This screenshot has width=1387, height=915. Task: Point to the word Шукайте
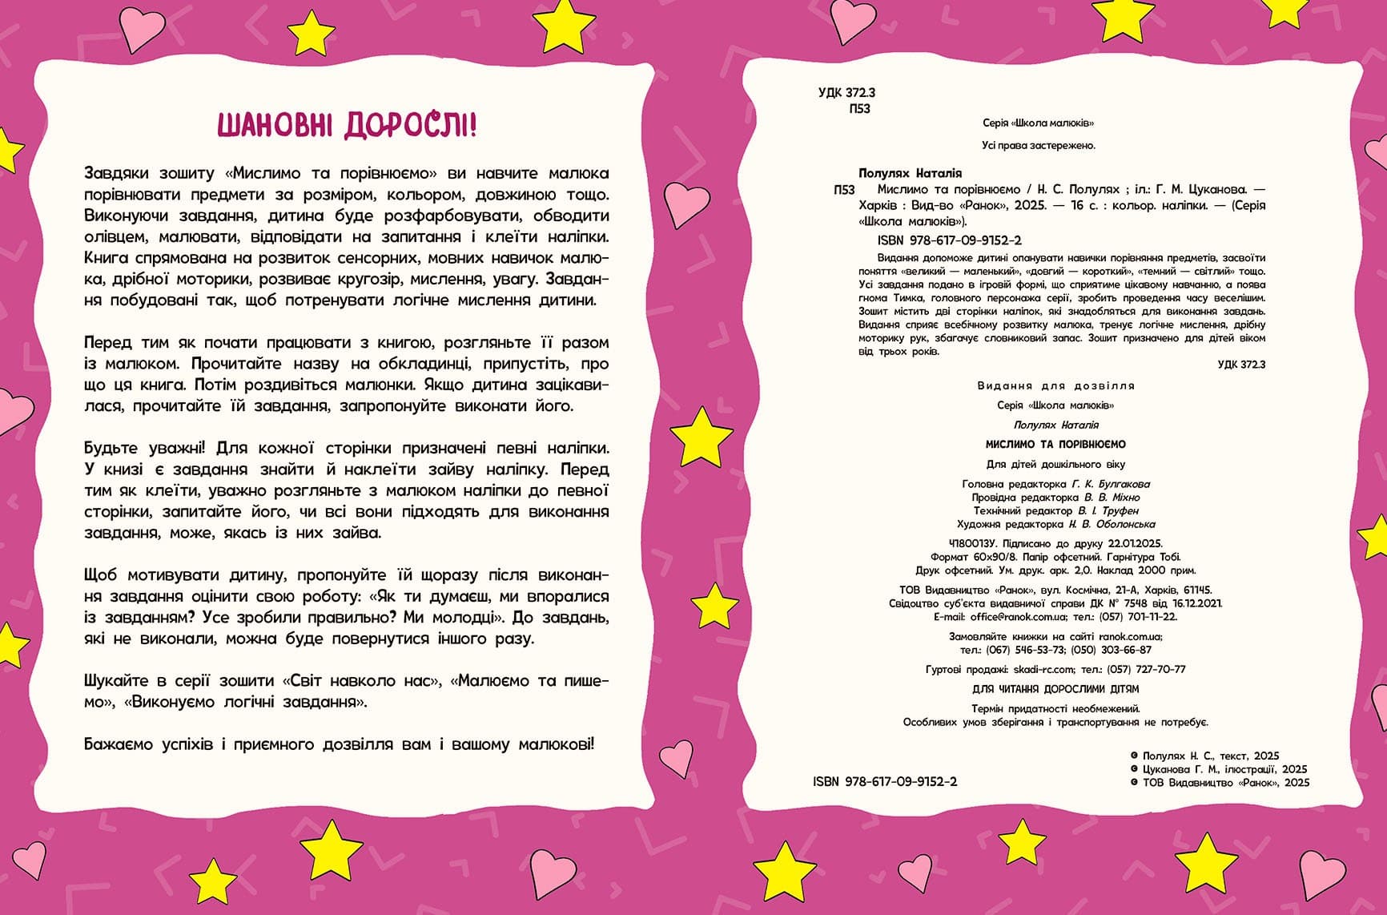click(115, 681)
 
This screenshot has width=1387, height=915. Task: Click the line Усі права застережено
click(1038, 146)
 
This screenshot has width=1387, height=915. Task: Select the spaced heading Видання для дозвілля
click(1055, 385)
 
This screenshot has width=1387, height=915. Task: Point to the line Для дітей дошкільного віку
click(1055, 464)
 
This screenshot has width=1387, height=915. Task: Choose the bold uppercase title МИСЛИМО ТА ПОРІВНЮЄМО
click(1055, 444)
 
